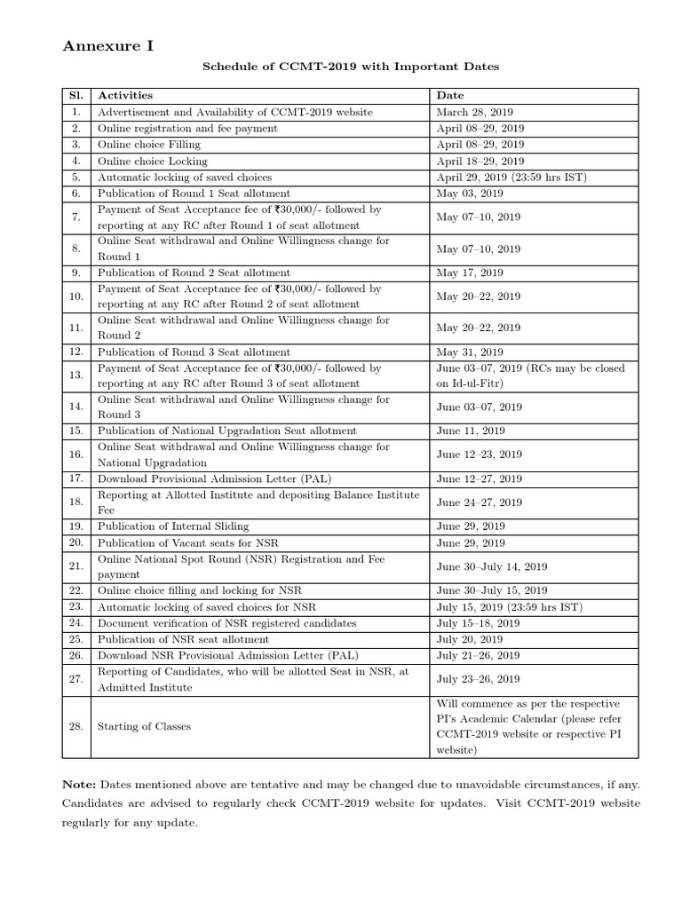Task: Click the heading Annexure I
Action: pyautogui.click(x=107, y=47)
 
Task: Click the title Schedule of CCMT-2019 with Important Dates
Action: pyautogui.click(x=351, y=67)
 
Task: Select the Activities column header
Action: pyautogui.click(x=125, y=95)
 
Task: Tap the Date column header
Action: pyautogui.click(x=450, y=95)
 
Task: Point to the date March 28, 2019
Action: pyautogui.click(x=475, y=112)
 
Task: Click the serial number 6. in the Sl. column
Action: pyautogui.click(x=76, y=193)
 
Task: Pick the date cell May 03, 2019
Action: pyautogui.click(x=470, y=193)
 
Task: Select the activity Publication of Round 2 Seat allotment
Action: pyautogui.click(x=194, y=273)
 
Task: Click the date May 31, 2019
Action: pyautogui.click(x=470, y=352)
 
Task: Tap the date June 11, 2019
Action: pyautogui.click(x=471, y=431)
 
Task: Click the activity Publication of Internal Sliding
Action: pyautogui.click(x=173, y=526)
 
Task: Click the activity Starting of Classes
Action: pyautogui.click(x=144, y=726)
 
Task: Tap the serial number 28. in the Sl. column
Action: pyautogui.click(x=76, y=726)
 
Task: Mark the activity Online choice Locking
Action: pyautogui.click(x=153, y=161)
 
